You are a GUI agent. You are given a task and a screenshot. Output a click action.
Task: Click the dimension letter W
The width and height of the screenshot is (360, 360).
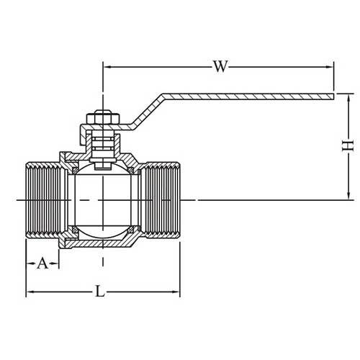click(x=220, y=68)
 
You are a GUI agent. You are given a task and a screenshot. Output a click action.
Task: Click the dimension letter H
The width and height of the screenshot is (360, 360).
click(x=347, y=146)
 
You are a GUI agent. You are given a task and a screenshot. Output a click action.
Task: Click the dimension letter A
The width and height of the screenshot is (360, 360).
click(x=42, y=263)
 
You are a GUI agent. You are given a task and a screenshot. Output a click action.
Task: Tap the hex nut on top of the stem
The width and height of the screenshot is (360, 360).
click(x=101, y=117)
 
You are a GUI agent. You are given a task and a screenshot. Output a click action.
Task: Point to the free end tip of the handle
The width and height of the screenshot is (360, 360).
click(x=335, y=94)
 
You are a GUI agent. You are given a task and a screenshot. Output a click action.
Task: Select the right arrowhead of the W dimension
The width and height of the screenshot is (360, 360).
click(x=331, y=68)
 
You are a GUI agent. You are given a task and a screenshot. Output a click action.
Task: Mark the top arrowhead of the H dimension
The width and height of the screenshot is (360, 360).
click(x=347, y=99)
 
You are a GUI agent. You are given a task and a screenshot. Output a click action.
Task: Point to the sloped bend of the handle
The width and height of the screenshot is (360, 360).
click(x=148, y=112)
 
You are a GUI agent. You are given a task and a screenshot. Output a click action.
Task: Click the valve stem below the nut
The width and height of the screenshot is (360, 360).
click(x=101, y=144)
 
